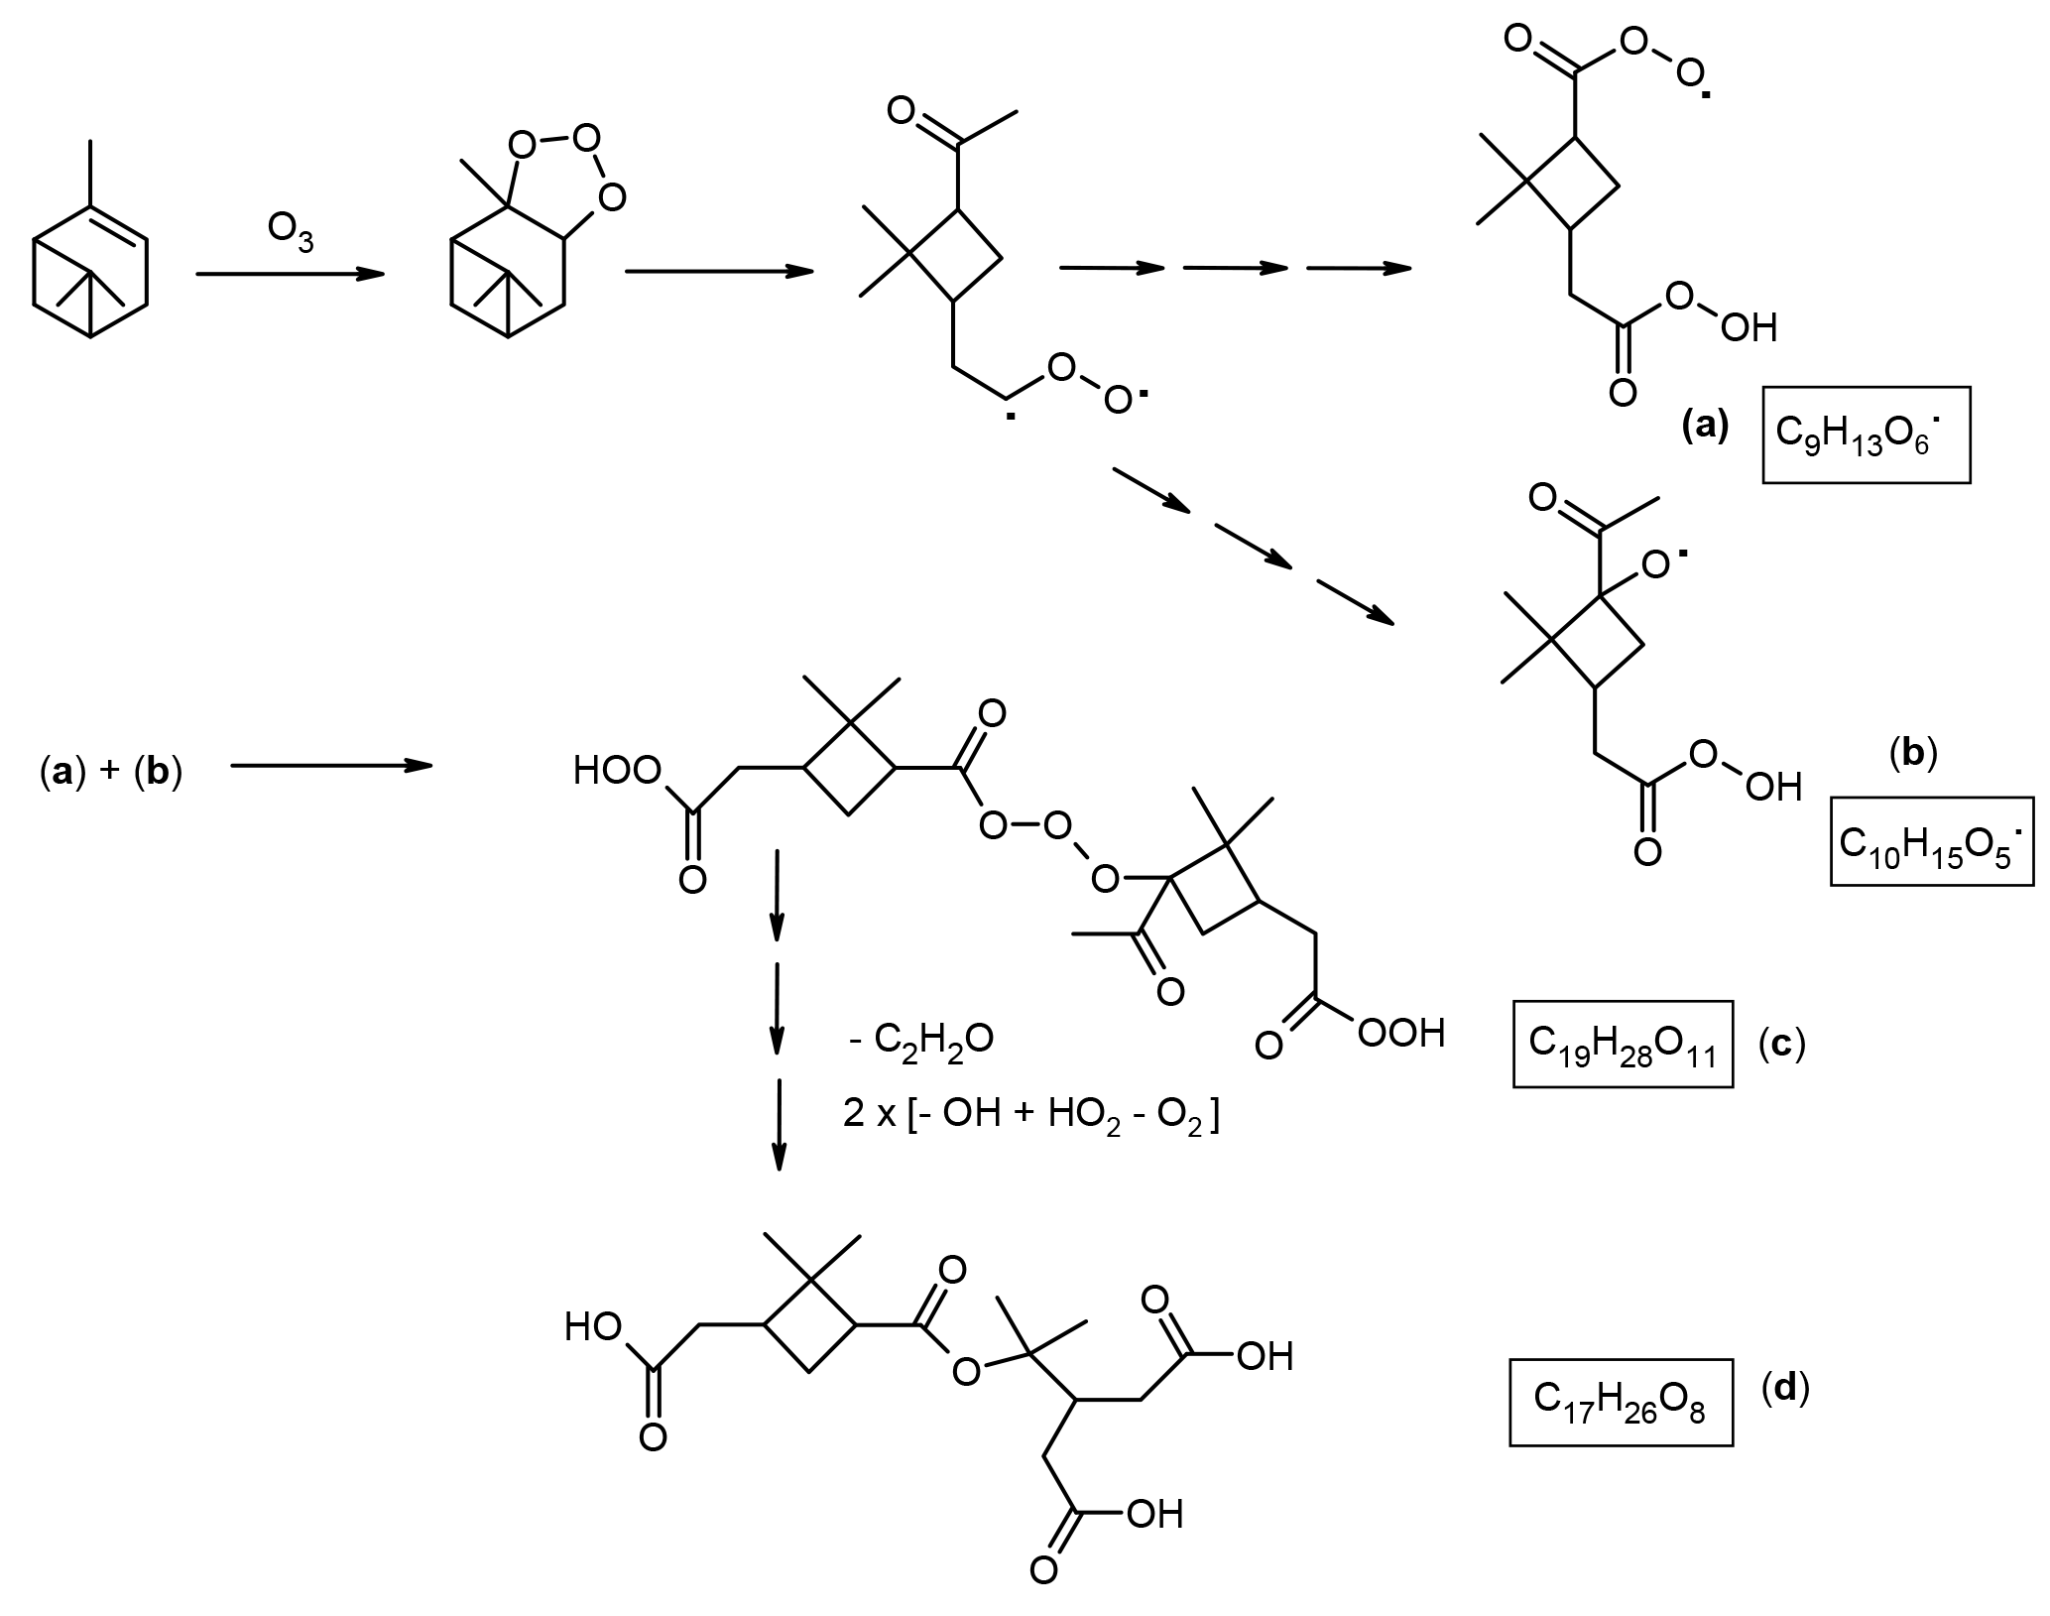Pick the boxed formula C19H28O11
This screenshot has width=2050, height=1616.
tap(1623, 1045)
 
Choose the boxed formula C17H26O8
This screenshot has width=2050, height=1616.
tap(1621, 1403)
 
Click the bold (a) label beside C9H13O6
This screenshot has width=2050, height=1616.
tap(1707, 427)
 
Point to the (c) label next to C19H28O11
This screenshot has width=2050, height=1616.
tap(1781, 1046)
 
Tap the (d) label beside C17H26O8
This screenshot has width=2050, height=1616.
tap(1785, 1388)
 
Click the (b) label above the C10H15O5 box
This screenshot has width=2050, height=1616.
tap(1915, 754)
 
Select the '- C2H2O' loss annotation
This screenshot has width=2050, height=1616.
tap(921, 1041)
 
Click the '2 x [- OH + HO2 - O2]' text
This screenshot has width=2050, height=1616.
tap(1030, 1115)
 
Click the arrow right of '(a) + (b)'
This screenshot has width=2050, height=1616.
tap(331, 765)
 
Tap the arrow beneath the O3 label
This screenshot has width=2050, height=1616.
tap(290, 274)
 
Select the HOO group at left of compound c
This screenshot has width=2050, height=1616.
tap(617, 771)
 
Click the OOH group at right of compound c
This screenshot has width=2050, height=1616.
tap(1400, 1034)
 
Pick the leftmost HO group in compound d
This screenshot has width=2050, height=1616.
tap(592, 1327)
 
